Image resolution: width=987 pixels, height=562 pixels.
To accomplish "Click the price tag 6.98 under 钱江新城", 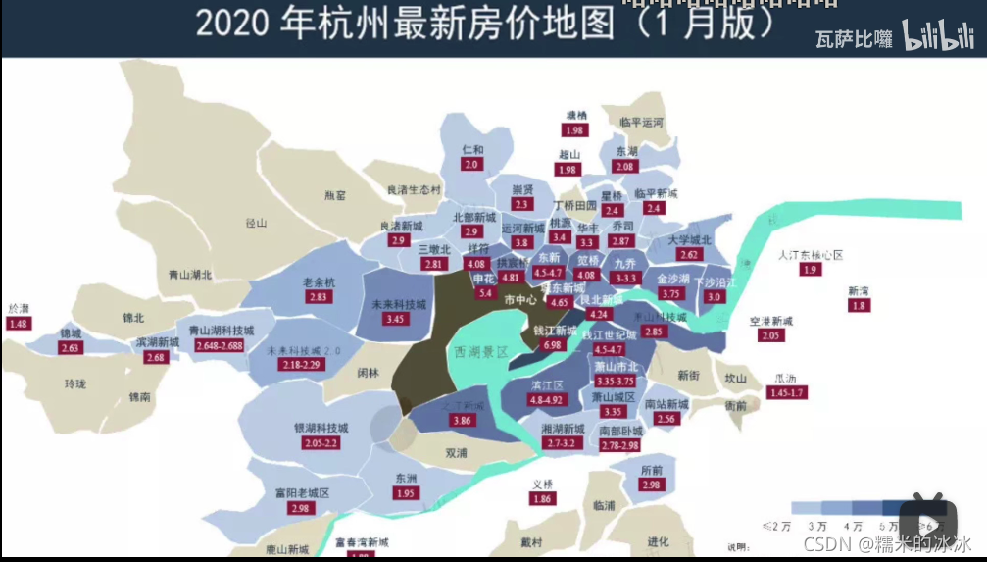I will pos(552,345).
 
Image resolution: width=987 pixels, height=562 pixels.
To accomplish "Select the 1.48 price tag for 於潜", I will pos(18,324).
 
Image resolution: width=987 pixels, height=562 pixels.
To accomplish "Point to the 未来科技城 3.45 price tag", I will pos(395,319).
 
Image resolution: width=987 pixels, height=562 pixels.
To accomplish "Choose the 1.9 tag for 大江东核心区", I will pos(810,270).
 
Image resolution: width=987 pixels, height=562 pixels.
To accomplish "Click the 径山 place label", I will pos(256,223).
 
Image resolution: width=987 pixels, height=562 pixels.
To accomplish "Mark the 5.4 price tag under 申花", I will pos(484,293).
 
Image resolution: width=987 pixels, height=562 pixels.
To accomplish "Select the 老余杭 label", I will pos(319,282).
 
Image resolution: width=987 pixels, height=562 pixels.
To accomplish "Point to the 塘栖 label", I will pos(575,116).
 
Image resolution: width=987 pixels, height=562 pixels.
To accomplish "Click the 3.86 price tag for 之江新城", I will pos(463,421).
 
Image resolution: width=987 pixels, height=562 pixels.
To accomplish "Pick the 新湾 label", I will pos(859,291).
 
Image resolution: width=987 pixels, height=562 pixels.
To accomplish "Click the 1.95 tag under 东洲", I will pos(406,493).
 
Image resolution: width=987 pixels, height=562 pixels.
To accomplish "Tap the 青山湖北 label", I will pos(190,276).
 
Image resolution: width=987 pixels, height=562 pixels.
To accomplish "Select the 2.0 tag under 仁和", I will pos(471,165).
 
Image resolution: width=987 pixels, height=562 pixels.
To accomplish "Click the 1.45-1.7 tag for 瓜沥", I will pos(785,393).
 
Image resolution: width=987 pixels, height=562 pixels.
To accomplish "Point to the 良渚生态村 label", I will pos(414,189).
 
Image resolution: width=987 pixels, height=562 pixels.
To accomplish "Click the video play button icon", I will pos(934,517).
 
